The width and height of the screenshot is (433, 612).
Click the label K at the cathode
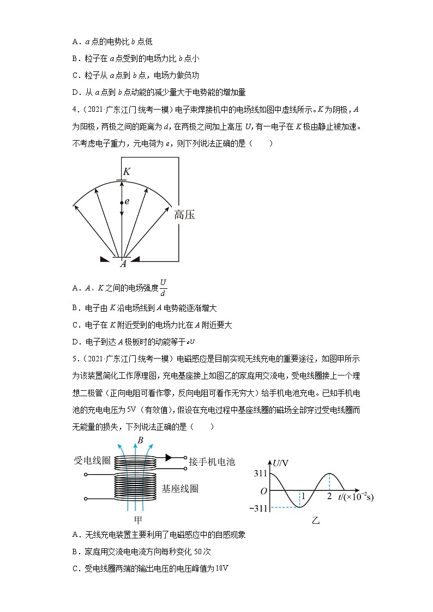click(126, 171)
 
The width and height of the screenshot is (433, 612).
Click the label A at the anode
click(123, 264)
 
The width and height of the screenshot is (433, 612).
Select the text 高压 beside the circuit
click(184, 215)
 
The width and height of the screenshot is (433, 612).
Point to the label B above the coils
click(140, 440)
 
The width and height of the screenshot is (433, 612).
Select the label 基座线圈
click(180, 488)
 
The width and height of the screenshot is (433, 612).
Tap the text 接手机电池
click(212, 462)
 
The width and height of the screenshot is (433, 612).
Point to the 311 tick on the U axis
click(260, 474)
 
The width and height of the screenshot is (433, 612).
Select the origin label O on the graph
click(263, 491)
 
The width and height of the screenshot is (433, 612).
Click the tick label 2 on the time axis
click(329, 497)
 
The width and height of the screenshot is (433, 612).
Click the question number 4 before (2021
click(74, 110)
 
